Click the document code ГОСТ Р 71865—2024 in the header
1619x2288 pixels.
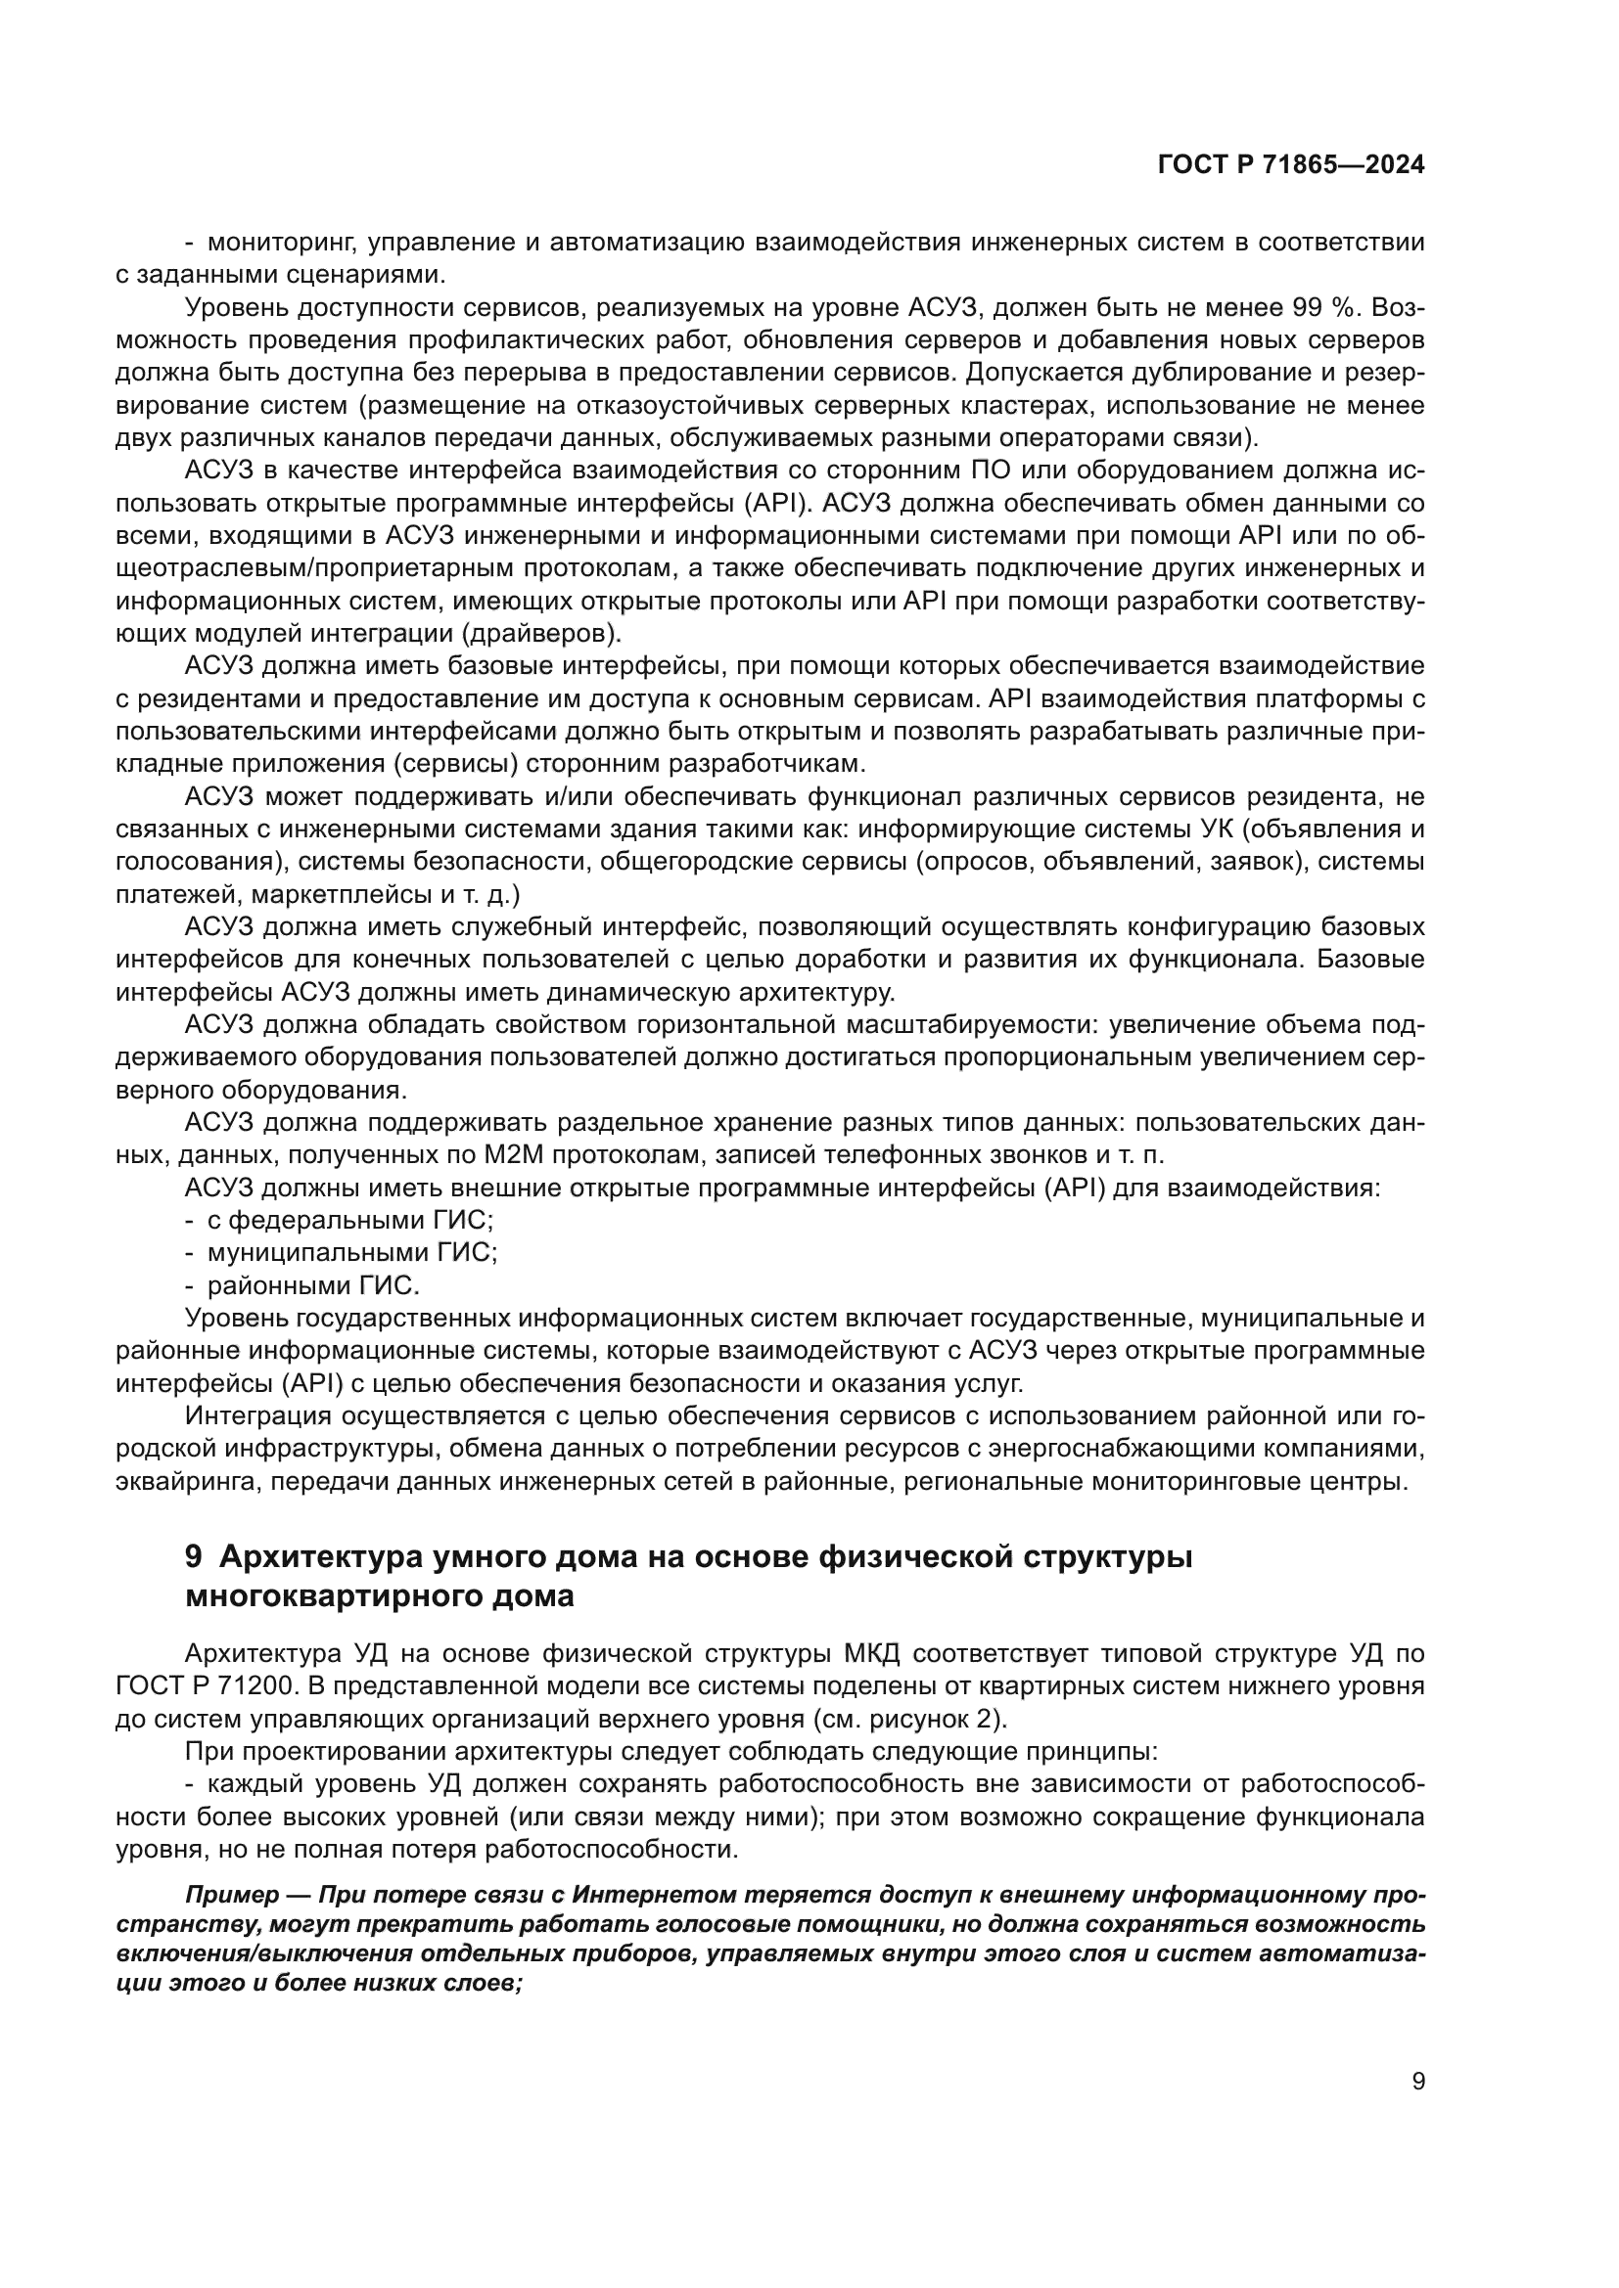tap(1290, 165)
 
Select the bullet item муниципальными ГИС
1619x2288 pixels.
tap(352, 1253)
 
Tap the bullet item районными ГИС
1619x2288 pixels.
tap(314, 1285)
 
